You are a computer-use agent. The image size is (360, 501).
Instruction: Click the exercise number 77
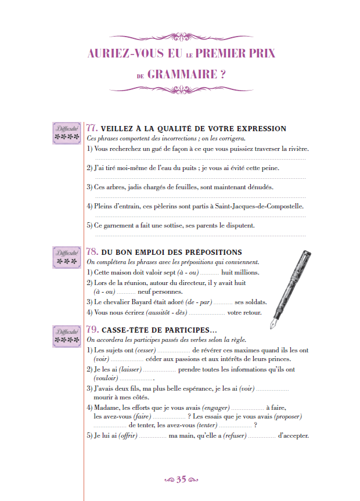pos(92,128)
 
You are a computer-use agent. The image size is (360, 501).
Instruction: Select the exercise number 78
pos(92,253)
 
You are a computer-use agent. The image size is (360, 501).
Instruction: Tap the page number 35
pos(181,480)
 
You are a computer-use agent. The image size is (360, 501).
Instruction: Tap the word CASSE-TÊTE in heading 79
pos(127,330)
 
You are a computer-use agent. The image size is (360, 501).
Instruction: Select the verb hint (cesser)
pos(145,350)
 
